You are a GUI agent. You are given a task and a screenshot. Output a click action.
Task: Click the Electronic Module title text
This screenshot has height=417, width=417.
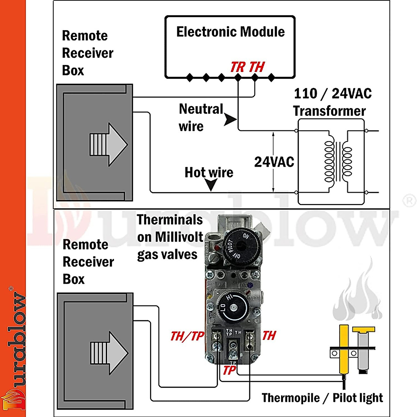point(230,32)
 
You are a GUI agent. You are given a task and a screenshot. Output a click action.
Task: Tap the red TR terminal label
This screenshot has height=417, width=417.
point(238,67)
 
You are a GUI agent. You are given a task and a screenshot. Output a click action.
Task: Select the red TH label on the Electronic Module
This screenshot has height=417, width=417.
point(257,67)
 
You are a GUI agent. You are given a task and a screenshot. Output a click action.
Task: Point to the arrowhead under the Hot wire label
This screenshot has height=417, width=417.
point(211,185)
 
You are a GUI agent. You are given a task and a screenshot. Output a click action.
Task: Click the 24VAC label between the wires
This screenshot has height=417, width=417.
point(274,162)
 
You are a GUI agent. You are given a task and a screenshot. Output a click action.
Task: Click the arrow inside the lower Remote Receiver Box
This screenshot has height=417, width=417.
point(109,353)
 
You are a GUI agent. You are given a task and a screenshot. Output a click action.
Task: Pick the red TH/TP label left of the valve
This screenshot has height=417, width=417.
point(187,336)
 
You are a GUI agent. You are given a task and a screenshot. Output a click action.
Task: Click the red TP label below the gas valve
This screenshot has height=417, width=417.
point(229,370)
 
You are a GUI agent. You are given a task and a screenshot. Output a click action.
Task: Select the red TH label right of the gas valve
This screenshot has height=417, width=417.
point(269,336)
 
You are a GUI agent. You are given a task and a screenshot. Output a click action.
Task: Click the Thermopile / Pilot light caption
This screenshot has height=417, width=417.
point(322,398)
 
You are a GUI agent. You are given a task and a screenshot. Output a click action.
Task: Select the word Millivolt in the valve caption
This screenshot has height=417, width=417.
point(179,237)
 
